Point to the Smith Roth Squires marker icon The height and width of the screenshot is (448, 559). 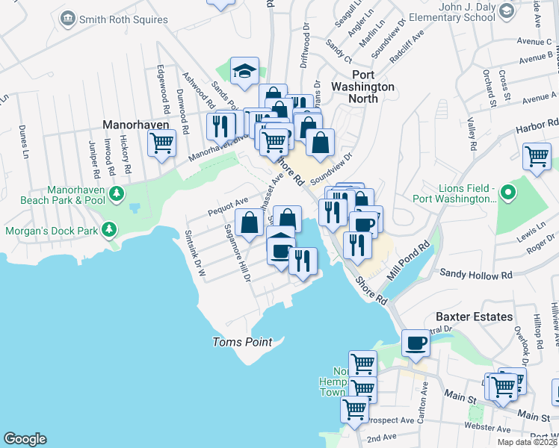pyautogui.click(x=69, y=17)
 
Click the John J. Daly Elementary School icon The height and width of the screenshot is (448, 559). pyautogui.click(x=507, y=10)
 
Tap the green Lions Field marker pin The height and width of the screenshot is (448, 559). pyautogui.click(x=508, y=193)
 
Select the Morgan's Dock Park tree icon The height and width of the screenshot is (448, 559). pyautogui.click(x=110, y=228)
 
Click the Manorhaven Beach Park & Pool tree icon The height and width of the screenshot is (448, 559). pyautogui.click(x=116, y=196)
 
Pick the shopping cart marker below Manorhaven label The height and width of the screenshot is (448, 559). pyautogui.click(x=161, y=143)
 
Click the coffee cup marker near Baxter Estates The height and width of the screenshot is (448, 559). pyautogui.click(x=416, y=343)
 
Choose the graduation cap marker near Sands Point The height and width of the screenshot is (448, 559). pyautogui.click(x=244, y=71)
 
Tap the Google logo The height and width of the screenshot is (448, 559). pyautogui.click(x=25, y=439)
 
